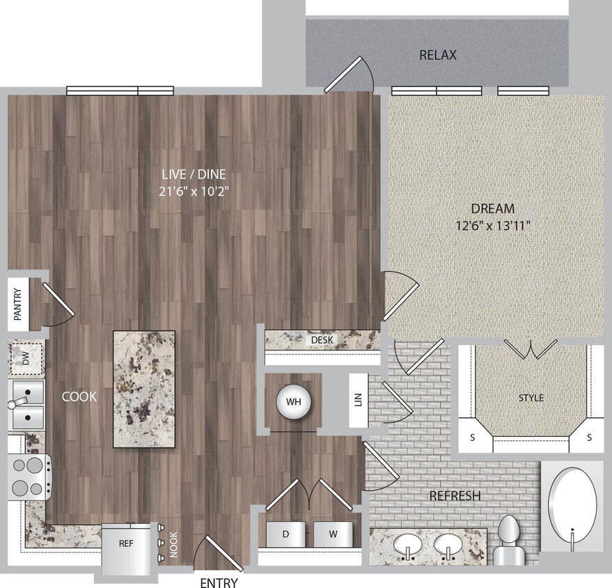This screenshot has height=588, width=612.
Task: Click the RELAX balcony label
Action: [438, 55]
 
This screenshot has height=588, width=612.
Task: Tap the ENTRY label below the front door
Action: [219, 582]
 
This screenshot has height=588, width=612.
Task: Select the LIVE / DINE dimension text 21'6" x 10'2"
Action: [194, 190]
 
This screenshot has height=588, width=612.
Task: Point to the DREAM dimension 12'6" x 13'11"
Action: [492, 225]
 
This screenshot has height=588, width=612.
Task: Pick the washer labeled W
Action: [332, 534]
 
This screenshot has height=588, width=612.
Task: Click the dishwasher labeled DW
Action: [26, 359]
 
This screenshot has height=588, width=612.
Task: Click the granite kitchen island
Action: [144, 389]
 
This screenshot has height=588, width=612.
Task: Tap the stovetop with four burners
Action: [27, 476]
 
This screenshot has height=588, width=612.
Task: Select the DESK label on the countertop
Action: [322, 340]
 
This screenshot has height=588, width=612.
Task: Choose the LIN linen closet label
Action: [358, 401]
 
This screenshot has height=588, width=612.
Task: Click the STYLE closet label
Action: [531, 398]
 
